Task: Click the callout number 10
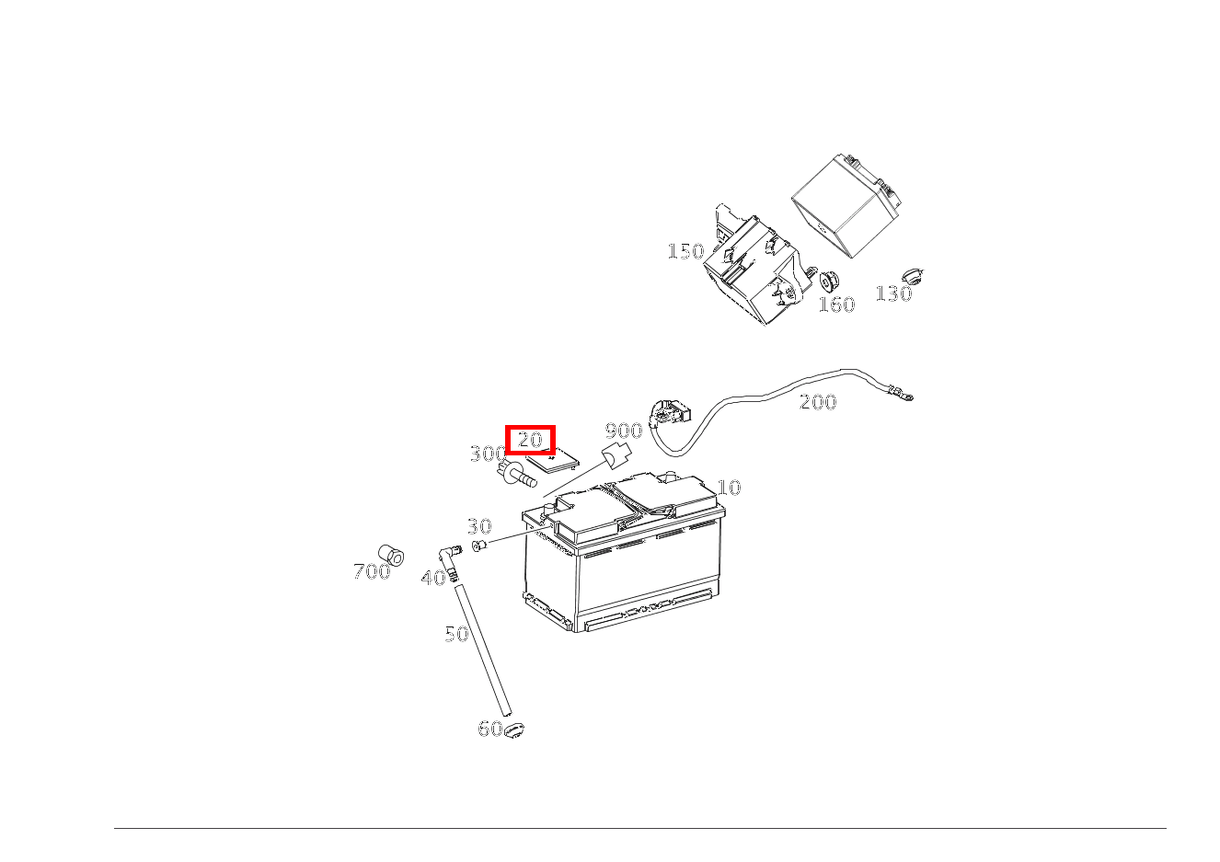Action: (729, 488)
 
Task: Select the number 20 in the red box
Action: (530, 440)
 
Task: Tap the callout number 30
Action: (479, 526)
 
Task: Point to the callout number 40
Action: (433, 578)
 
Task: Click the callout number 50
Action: (457, 634)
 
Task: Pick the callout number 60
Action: (490, 729)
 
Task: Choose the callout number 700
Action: (372, 571)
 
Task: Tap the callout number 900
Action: (623, 431)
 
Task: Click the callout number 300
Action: (488, 454)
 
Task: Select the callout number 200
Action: (818, 402)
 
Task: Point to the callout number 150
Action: (685, 251)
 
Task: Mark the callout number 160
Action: (836, 305)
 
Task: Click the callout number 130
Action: (893, 293)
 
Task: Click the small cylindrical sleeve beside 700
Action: (393, 555)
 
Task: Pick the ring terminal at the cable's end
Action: (904, 397)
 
